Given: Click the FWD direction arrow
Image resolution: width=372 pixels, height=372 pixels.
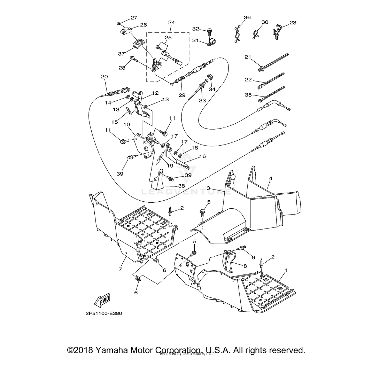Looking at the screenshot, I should pyautogui.click(x=102, y=300).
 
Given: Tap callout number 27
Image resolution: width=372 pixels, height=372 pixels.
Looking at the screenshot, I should pyautogui.click(x=134, y=18).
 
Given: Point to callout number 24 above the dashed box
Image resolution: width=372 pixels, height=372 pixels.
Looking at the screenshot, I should pyautogui.click(x=171, y=23).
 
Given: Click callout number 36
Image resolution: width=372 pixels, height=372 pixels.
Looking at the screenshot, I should pyautogui.click(x=247, y=18).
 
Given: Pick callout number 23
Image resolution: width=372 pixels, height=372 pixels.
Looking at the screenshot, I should pyautogui.click(x=293, y=23).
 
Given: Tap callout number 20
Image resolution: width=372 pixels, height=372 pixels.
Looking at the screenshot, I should pyautogui.click(x=104, y=77).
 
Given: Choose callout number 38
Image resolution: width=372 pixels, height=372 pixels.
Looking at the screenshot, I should pyautogui.click(x=181, y=186).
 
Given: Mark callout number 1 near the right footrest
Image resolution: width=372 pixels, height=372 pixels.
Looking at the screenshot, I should pyautogui.click(x=286, y=270).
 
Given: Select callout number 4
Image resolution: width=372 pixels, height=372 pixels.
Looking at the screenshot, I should pyautogui.click(x=270, y=179).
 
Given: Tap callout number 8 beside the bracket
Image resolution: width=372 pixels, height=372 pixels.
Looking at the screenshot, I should pyautogui.click(x=245, y=265).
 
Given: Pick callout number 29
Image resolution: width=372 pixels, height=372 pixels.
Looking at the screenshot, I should pyautogui.click(x=181, y=95).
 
